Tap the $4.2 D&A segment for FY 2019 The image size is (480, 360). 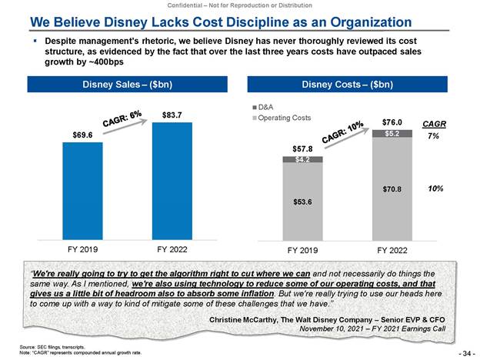click(302, 159)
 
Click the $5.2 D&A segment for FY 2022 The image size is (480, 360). click(392, 133)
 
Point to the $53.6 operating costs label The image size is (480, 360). click(302, 202)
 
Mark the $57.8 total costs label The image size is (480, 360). click(302, 147)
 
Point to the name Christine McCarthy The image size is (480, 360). click(247, 318)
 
